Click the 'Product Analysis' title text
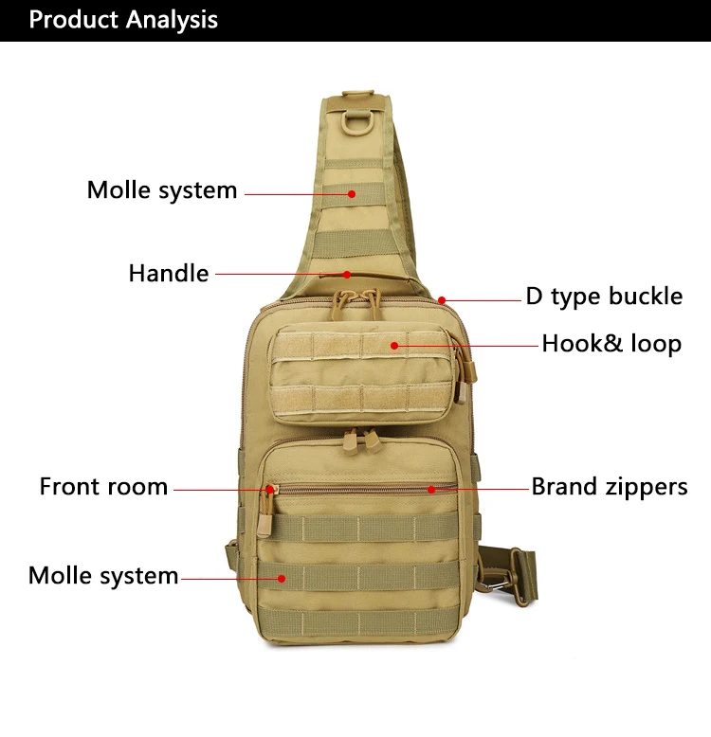[x=123, y=20]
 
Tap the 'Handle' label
[x=169, y=274]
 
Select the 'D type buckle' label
[x=604, y=297]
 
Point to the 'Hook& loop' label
[x=611, y=343]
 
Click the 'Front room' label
[x=103, y=487]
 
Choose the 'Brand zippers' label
[x=610, y=487]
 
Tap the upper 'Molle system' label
[x=162, y=189]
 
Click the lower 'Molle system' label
[x=103, y=575]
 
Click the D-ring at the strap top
[x=360, y=122]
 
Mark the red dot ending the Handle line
[x=347, y=275]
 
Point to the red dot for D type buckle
[x=442, y=300]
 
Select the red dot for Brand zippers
[x=430, y=490]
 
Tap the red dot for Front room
[x=270, y=490]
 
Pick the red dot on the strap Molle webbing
[x=351, y=193]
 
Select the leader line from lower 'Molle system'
[x=228, y=577]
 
